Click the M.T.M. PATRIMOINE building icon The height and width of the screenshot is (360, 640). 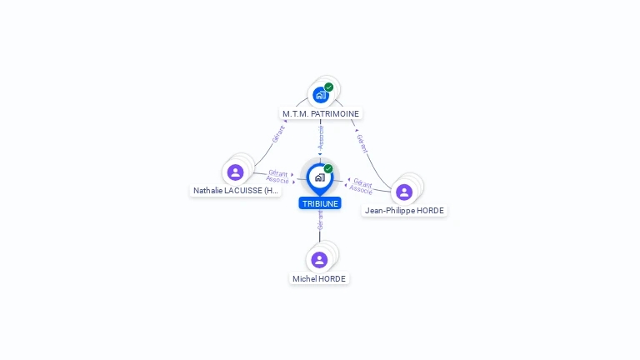pos(321,95)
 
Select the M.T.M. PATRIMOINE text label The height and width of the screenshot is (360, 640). pos(321,114)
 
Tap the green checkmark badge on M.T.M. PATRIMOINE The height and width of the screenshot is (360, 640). pos(329,87)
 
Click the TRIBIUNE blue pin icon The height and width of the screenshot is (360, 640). pos(320,179)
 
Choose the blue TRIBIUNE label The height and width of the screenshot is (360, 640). pos(320,203)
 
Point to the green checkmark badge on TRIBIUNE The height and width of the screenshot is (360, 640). pos(328,168)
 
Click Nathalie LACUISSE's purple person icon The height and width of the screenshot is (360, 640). pos(236,172)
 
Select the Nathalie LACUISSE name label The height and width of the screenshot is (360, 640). pos(236,191)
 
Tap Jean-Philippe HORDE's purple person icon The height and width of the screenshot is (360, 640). pos(404,192)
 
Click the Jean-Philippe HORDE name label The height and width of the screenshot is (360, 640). pos(404,211)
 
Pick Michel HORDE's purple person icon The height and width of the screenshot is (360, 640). pos(319,260)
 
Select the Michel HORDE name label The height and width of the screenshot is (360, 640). pos(319,279)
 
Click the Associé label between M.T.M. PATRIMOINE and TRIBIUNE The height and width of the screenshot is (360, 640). pos(321,137)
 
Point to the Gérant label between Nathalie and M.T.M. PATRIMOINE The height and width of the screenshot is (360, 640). pos(278,134)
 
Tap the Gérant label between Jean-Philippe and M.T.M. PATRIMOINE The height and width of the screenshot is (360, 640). pos(362,143)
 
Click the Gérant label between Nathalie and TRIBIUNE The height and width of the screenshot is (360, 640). pos(278,173)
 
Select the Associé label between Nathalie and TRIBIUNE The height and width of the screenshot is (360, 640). pos(277,180)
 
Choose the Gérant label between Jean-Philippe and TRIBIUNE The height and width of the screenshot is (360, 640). pos(362,182)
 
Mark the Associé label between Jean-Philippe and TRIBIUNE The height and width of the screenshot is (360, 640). pos(361,189)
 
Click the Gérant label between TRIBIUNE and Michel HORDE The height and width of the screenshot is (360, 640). pos(320,220)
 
